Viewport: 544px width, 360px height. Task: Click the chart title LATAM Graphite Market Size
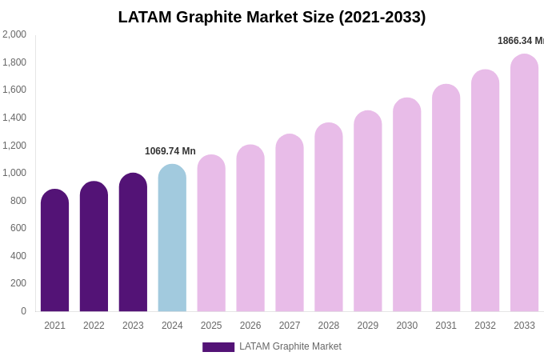tap(272, 17)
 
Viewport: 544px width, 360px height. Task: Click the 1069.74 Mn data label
tap(170, 151)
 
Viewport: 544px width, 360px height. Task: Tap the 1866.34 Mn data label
tap(521, 41)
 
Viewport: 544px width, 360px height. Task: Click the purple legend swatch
tap(218, 347)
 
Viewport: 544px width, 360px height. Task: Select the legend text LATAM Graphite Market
tap(290, 346)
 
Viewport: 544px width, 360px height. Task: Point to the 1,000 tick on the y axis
tap(14, 173)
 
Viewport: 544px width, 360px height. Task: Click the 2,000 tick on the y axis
tap(14, 34)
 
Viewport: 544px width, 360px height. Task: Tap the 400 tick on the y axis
tap(18, 256)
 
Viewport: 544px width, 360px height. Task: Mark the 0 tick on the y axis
tap(23, 311)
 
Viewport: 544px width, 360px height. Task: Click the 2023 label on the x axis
tap(133, 326)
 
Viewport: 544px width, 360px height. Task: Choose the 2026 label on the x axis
tap(250, 326)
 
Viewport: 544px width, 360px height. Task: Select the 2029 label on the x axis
tap(368, 326)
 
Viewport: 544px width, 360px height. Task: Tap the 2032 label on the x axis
tap(485, 326)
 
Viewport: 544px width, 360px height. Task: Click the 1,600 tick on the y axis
tap(14, 90)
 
